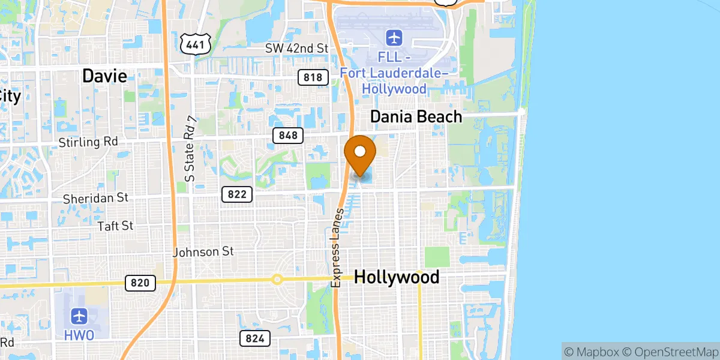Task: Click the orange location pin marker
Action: (360, 154)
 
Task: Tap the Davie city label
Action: (104, 76)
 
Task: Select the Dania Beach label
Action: (416, 116)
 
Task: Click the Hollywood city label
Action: (397, 277)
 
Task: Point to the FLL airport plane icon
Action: (394, 38)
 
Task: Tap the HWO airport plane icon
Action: (79, 316)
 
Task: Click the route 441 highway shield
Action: (196, 43)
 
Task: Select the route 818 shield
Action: (313, 77)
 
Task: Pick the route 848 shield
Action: (288, 136)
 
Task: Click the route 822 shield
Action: (237, 194)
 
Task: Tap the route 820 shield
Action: (140, 283)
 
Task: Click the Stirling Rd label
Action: (88, 143)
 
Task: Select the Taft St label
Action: (115, 226)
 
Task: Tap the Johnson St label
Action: (203, 252)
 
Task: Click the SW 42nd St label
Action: (298, 47)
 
